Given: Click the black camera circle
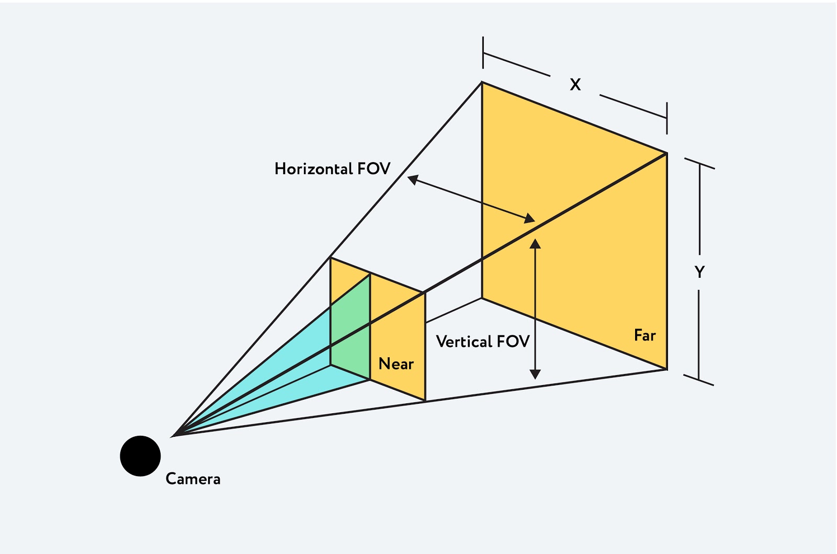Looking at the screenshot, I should click(140, 456).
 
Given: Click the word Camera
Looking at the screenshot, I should click(193, 479).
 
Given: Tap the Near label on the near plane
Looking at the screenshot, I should click(396, 364).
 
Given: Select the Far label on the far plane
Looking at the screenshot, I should click(644, 335).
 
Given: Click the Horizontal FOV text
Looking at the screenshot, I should click(332, 168).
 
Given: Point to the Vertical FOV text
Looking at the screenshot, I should click(482, 342).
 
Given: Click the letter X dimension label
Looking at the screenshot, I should click(575, 84).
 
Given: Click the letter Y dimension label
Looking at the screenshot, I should click(699, 272).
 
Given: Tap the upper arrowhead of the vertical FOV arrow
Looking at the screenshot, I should click(535, 244).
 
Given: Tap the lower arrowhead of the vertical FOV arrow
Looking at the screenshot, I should click(535, 374).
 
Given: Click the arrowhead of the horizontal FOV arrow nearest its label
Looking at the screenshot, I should click(413, 179).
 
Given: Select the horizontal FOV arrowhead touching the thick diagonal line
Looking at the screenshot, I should click(529, 218).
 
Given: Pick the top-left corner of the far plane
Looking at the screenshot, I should click(482, 82).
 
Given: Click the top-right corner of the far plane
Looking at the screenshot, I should click(667, 153).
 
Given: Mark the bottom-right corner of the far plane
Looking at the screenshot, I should click(667, 369).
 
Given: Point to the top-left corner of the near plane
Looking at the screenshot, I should click(331, 257).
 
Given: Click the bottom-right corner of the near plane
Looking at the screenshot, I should click(425, 401).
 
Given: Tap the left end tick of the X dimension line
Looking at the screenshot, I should click(483, 52).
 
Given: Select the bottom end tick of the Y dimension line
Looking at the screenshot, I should click(699, 380).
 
